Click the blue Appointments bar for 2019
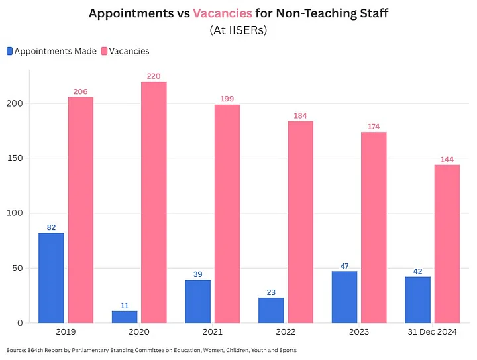tap(52, 278)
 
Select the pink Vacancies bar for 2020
tap(154, 202)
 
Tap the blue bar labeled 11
tap(125, 316)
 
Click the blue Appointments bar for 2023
tap(344, 297)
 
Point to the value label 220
tap(154, 76)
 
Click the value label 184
tap(300, 116)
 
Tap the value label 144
tap(447, 160)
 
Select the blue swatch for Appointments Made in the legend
tap(9, 51)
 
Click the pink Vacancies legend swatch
tap(104, 51)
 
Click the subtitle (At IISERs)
tap(238, 30)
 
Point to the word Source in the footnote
tap(17, 350)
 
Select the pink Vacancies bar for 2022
tap(300, 222)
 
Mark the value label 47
tap(344, 266)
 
